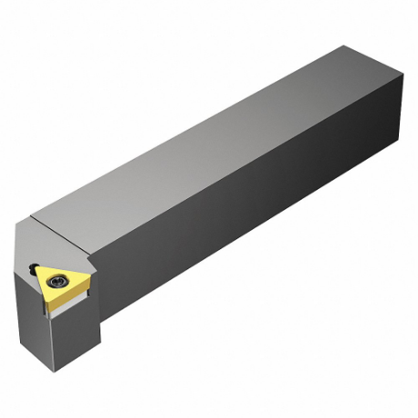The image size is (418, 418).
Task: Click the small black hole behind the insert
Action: [x=33, y=266]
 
